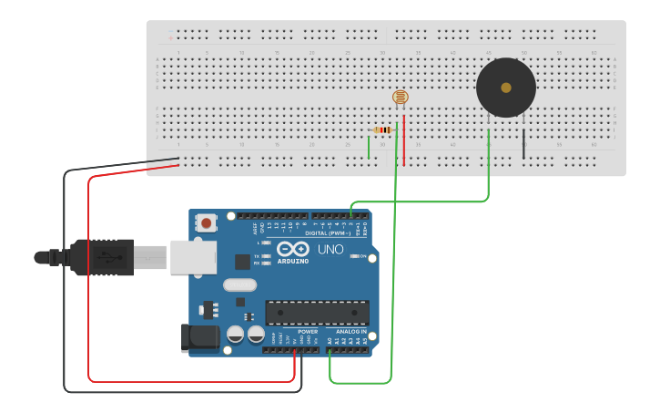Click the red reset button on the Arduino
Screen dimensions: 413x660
tap(207, 222)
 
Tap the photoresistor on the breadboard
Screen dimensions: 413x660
tap(401, 97)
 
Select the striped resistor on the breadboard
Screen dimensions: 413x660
tap(383, 130)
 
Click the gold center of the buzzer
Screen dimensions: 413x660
tap(506, 88)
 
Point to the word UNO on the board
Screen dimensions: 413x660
tap(330, 249)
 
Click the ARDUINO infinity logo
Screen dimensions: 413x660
tap(293, 249)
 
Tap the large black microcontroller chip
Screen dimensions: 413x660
tap(317, 313)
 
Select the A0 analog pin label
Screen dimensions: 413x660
tap(330, 340)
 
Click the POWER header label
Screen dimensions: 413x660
tap(308, 332)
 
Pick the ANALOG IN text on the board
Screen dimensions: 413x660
tap(350, 332)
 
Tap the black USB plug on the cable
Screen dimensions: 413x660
tap(100, 258)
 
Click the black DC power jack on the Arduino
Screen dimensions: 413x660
tap(200, 337)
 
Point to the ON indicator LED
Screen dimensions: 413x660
tap(355, 256)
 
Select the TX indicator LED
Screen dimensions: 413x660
tap(267, 255)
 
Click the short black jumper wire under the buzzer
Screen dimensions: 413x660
tap(523, 144)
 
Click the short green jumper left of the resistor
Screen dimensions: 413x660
tap(369, 145)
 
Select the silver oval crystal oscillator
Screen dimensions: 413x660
tap(240, 285)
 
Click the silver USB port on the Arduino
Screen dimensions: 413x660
tap(193, 257)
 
